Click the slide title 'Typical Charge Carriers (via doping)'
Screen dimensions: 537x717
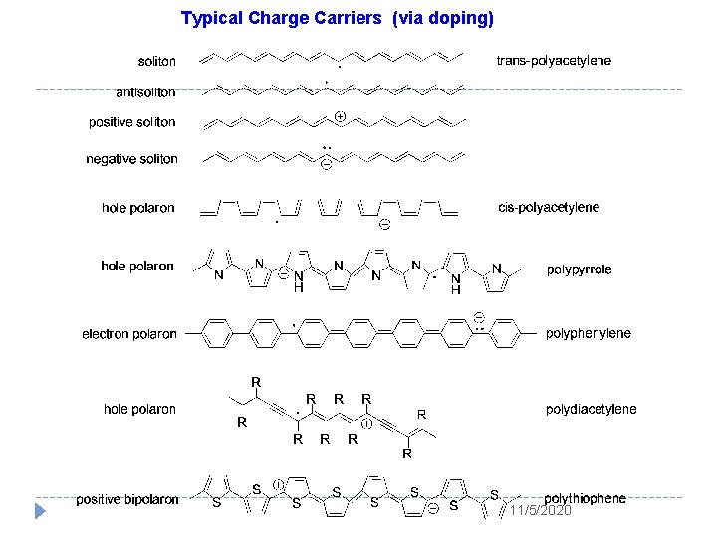point(337,18)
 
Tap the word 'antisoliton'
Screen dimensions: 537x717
point(145,92)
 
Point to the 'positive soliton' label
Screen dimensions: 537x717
point(131,122)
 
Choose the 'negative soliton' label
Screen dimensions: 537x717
point(131,159)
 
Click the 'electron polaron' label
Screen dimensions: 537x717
point(129,334)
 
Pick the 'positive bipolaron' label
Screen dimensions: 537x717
point(127,499)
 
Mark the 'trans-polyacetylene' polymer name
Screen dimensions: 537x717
point(554,61)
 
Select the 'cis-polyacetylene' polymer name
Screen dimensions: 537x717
point(549,208)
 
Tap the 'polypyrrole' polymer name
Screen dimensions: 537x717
point(580,269)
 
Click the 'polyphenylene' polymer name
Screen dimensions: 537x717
point(588,333)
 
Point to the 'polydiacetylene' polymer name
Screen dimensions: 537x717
point(591,409)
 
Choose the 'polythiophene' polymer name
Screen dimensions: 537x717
point(586,498)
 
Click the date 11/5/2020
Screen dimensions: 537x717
point(540,510)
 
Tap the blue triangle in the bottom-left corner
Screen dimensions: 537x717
point(40,512)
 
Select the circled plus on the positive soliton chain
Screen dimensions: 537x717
point(340,116)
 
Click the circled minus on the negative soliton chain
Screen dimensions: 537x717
point(326,165)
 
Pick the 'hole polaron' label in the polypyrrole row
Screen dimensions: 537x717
point(137,266)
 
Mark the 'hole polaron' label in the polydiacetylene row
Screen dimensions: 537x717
point(139,409)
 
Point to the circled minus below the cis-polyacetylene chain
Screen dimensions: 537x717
point(383,224)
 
